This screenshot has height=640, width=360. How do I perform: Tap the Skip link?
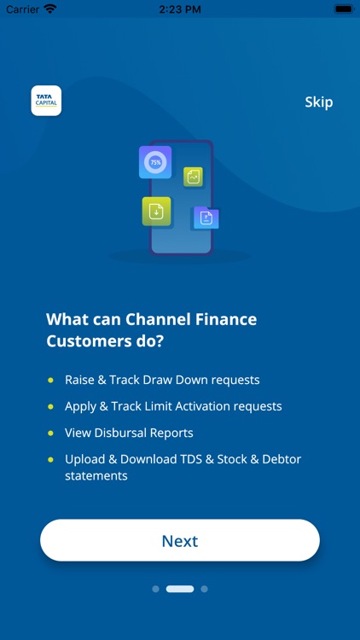coord(318,102)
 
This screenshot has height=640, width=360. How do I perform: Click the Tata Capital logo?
coord(46,101)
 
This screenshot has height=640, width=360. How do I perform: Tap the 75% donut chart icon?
coord(155,161)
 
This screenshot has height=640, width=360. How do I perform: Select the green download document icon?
coord(156,212)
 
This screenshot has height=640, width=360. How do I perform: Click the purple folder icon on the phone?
coord(206,218)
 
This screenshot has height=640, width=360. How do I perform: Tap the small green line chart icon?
coord(194,177)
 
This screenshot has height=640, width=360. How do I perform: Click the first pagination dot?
coord(155,589)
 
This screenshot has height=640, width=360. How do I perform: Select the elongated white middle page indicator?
coord(180,589)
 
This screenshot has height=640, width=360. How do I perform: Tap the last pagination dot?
coord(205,589)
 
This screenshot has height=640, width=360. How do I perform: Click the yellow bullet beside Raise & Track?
coord(50,380)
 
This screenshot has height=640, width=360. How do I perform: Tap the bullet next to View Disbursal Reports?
coord(50,433)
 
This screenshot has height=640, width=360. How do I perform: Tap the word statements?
coord(96,476)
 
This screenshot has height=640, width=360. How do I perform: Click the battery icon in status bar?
coord(343,9)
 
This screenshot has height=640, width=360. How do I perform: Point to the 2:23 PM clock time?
coord(180,9)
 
